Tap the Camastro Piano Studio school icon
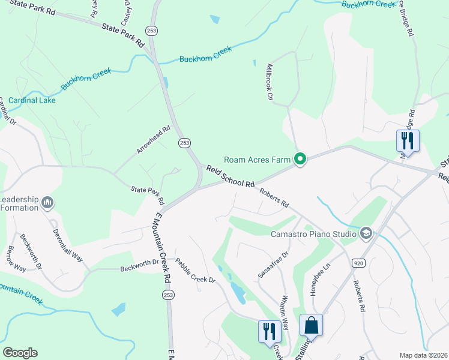pos(365,233)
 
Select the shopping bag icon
pos(312,326)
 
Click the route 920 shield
pos(358,263)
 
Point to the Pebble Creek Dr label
pos(195,271)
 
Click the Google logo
pos(20,353)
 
